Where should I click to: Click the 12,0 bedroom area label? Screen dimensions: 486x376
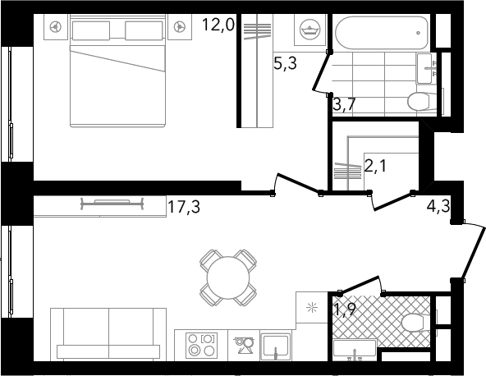pyautogui.click(x=218, y=25)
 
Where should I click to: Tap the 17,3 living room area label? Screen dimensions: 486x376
pyautogui.click(x=184, y=207)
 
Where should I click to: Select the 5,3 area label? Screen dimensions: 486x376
pyautogui.click(x=285, y=63)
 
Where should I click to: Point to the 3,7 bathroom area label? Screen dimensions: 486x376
pyautogui.click(x=344, y=104)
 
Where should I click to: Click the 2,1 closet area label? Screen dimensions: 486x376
pyautogui.click(x=375, y=167)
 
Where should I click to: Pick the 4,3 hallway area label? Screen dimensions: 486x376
pyautogui.click(x=438, y=206)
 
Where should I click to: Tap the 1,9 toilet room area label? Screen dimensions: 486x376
pyautogui.click(x=344, y=309)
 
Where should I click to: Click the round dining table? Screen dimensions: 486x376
pyautogui.click(x=228, y=277)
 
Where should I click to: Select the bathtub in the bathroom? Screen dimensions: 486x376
pyautogui.click(x=382, y=32)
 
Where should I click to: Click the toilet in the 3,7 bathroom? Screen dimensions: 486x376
pyautogui.click(x=421, y=102)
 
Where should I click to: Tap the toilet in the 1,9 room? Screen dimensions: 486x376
pyautogui.click(x=415, y=323)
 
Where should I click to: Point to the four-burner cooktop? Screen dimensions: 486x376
pyautogui.click(x=201, y=345)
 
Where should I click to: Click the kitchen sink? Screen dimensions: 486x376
pyautogui.click(x=276, y=346)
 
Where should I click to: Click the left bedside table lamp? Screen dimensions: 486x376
pyautogui.click(x=56, y=27)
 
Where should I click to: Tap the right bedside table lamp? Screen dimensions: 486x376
pyautogui.click(x=180, y=27)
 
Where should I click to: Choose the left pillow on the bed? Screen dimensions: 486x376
pyautogui.click(x=91, y=30)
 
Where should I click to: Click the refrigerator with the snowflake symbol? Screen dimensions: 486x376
pyautogui.click(x=312, y=308)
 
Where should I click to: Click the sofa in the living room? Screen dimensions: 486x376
pyautogui.click(x=108, y=334)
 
